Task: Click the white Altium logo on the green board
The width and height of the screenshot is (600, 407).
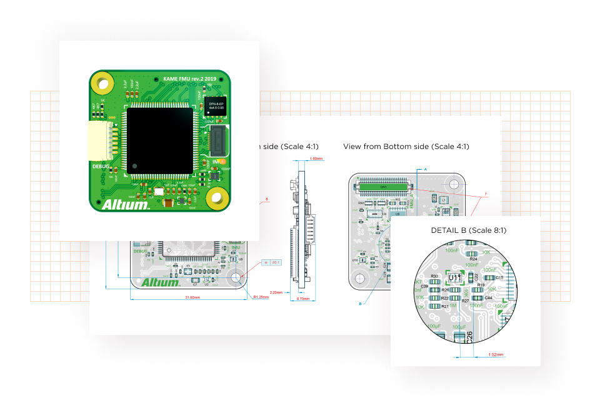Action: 125,204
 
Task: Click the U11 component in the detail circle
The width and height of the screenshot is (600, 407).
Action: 455,277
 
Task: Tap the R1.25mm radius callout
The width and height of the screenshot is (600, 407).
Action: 260,297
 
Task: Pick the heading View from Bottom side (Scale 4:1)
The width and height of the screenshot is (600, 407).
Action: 406,147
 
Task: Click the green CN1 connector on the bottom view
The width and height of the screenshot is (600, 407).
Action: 384,187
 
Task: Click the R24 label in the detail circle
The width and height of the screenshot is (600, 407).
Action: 473,259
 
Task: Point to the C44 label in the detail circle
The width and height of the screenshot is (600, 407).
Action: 489,298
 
